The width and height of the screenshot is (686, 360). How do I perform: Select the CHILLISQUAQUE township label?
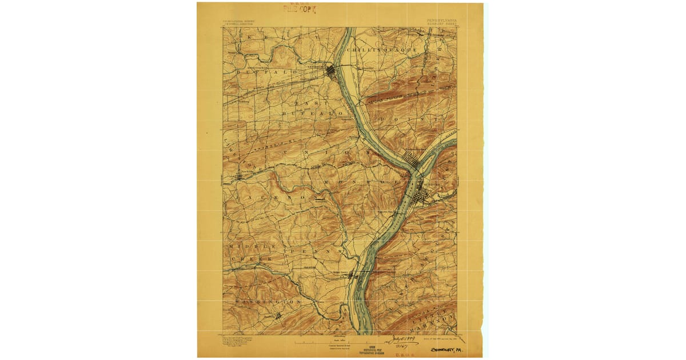click(393, 50)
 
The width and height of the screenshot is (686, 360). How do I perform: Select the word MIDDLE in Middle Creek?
click(245, 246)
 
